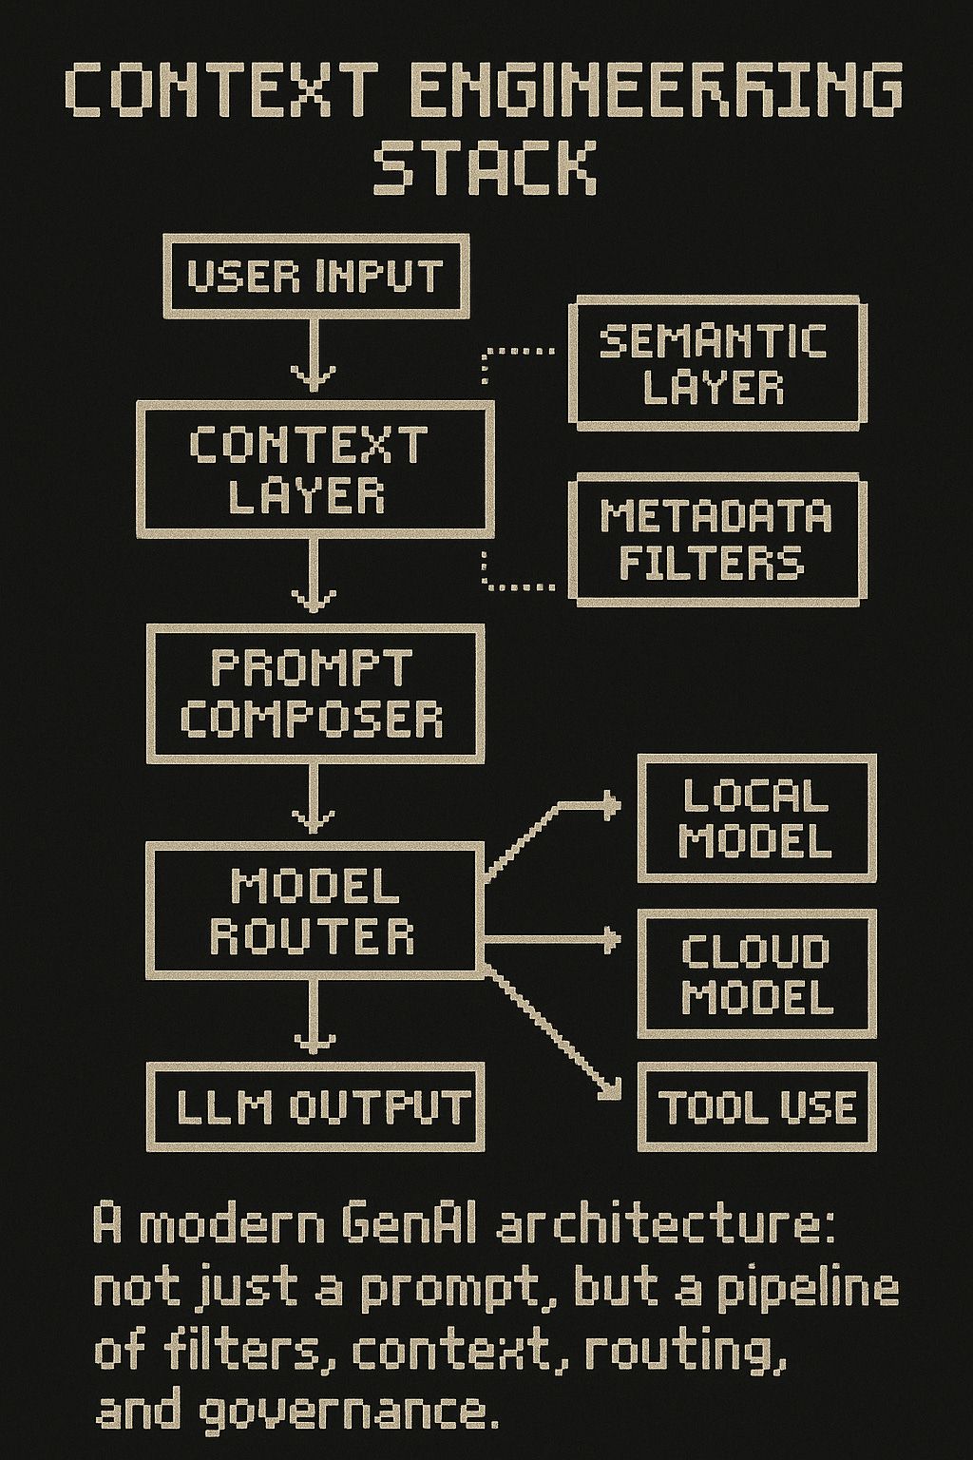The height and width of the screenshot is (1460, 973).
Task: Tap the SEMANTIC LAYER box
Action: coord(716,363)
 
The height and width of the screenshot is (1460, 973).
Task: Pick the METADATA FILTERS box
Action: coord(716,541)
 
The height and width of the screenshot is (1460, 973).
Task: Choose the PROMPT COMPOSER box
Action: coord(314,693)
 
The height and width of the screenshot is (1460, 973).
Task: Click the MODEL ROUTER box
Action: coord(314,912)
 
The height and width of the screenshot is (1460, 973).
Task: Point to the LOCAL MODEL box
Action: coord(755,817)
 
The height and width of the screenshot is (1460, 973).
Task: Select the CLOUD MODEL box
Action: coord(755,973)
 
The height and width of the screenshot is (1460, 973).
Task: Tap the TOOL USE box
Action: coord(755,1107)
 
